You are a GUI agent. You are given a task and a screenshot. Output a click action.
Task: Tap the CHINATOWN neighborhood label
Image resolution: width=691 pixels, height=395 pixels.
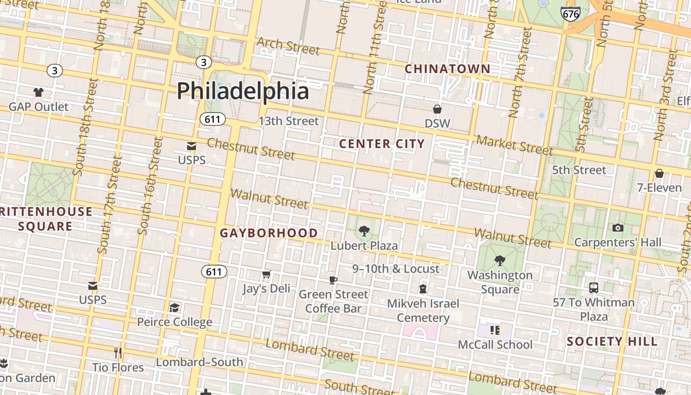click(448, 69)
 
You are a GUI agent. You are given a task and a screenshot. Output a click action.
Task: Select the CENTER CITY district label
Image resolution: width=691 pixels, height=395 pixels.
click(382, 144)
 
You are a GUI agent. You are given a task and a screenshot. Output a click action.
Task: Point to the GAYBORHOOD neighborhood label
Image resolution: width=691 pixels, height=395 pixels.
click(269, 233)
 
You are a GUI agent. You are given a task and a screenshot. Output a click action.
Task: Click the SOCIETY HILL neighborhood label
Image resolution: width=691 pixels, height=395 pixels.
click(612, 341)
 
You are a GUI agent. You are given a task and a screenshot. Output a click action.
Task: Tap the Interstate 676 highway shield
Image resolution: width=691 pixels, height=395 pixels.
click(571, 13)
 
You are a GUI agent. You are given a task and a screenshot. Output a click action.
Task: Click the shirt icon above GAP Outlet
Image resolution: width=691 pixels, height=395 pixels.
click(38, 92)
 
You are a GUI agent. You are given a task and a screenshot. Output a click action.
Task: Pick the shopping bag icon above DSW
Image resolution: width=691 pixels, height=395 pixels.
click(437, 109)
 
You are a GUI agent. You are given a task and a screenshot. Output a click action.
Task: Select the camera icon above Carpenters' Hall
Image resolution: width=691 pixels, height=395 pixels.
click(617, 228)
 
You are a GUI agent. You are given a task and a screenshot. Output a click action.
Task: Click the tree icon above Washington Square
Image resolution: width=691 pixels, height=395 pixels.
click(499, 260)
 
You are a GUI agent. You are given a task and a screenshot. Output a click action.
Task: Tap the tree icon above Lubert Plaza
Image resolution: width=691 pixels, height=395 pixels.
click(364, 231)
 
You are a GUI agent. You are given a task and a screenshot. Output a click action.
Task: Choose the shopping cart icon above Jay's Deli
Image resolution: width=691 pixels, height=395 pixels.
click(266, 274)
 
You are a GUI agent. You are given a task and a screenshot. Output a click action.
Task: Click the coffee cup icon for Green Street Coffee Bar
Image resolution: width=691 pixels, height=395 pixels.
click(333, 280)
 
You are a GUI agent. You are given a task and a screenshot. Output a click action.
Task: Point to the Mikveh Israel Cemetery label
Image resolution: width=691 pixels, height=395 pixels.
click(423, 310)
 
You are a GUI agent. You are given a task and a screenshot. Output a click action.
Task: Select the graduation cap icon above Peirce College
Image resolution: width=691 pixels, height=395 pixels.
click(174, 308)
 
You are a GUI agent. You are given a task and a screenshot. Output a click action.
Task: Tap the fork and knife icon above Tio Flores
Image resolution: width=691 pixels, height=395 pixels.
click(118, 353)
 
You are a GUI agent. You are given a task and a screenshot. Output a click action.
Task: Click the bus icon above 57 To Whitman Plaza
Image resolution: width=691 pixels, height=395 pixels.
click(594, 287)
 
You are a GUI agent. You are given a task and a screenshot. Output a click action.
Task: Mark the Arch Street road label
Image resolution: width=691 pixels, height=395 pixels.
click(288, 45)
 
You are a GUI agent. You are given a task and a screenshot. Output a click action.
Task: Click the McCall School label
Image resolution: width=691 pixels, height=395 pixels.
click(495, 345)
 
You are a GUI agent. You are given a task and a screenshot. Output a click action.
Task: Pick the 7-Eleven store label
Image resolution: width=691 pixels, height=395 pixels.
click(659, 188)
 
